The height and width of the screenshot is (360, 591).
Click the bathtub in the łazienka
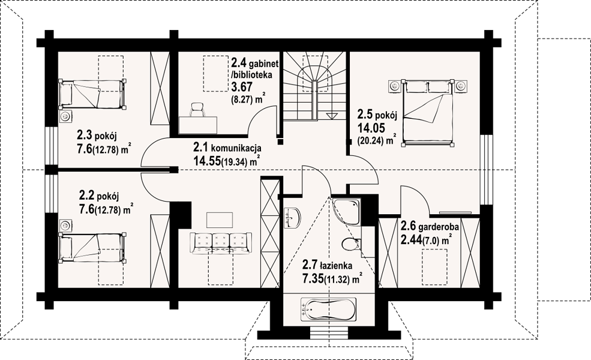(328, 310)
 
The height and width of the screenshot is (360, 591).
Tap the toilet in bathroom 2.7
(351, 244)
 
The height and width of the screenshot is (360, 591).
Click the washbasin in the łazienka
(292, 218)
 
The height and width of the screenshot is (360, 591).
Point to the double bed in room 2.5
(428, 112)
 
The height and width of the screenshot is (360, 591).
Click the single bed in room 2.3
(92, 94)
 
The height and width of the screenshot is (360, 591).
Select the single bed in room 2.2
(92, 247)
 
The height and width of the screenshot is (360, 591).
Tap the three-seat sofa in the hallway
(220, 243)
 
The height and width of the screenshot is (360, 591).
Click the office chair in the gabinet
(197, 109)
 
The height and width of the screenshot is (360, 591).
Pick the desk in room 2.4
(198, 125)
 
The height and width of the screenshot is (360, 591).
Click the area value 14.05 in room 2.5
(371, 128)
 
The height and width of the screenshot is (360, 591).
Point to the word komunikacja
(236, 148)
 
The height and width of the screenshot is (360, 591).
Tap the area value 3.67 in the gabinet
(241, 88)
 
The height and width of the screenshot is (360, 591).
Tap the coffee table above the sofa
(220, 220)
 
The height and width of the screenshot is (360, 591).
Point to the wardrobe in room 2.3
(160, 89)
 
